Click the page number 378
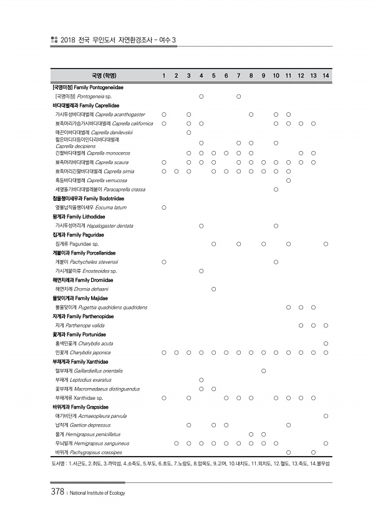(57, 492)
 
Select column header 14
(326, 76)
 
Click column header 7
(238, 76)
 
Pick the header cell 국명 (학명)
(100, 76)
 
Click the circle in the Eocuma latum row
(163, 207)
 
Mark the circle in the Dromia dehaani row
(213, 289)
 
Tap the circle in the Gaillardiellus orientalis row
(263, 371)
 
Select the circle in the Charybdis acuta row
(326, 343)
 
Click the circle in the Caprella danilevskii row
(188, 133)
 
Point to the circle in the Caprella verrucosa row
(288, 180)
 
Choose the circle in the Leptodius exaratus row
(201, 379)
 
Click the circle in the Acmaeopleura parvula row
(326, 415)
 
